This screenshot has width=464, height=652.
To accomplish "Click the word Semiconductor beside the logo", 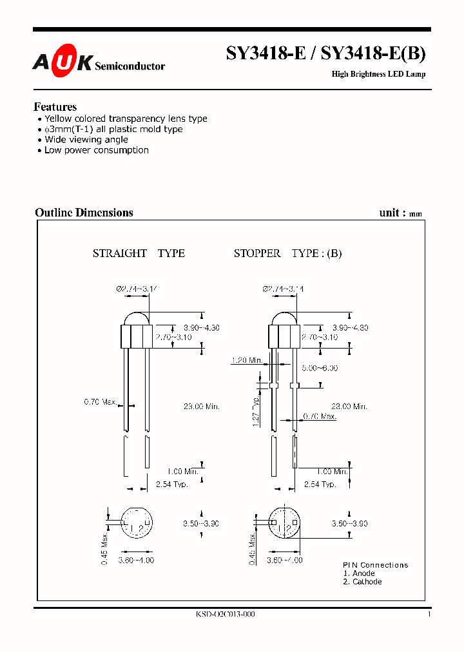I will click(130, 66).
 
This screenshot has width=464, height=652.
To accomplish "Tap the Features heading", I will click(55, 107).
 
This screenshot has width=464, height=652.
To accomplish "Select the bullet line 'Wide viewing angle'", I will click(86, 140).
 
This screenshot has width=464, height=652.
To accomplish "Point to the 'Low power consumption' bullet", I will click(96, 150).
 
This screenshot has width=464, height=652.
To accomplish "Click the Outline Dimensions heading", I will click(84, 213).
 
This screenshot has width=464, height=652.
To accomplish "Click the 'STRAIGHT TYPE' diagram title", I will click(139, 253).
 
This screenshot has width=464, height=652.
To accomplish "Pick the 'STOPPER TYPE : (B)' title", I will click(287, 253).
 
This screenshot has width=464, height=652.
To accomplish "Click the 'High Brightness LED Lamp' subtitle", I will click(378, 74).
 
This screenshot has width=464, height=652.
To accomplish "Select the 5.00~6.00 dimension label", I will click(320, 368).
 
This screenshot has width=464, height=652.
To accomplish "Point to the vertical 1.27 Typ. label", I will click(256, 412).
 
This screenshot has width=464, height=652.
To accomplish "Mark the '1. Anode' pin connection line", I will click(358, 573).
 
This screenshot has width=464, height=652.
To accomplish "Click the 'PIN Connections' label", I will click(375, 565).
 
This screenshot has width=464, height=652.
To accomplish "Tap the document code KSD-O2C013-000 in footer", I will click(225, 615).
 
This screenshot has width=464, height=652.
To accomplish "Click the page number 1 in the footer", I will click(429, 615).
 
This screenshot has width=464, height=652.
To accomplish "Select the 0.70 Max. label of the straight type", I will click(101, 402).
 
